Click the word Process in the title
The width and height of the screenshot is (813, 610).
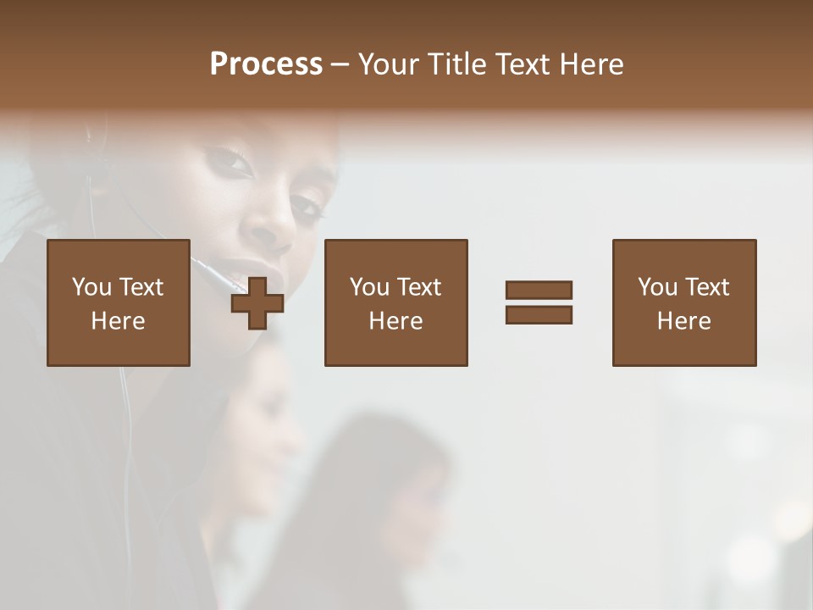pyautogui.click(x=266, y=64)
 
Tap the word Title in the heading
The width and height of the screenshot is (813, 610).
pyautogui.click(x=455, y=64)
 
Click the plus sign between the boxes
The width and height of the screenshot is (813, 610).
pyautogui.click(x=257, y=302)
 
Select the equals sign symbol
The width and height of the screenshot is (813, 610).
pyautogui.click(x=539, y=302)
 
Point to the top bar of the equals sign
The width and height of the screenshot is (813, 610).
pyautogui.click(x=539, y=291)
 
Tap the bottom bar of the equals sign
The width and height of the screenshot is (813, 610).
pyautogui.click(x=539, y=314)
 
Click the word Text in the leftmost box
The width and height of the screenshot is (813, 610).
pyautogui.click(x=141, y=287)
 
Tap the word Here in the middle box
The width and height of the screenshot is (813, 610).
pyautogui.click(x=396, y=321)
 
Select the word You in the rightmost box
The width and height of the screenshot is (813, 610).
pyautogui.click(x=657, y=287)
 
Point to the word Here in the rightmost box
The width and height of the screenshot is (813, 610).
pyautogui.click(x=684, y=321)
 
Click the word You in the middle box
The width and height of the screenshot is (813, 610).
pyautogui.click(x=369, y=287)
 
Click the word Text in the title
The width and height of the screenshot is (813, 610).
pyautogui.click(x=520, y=64)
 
